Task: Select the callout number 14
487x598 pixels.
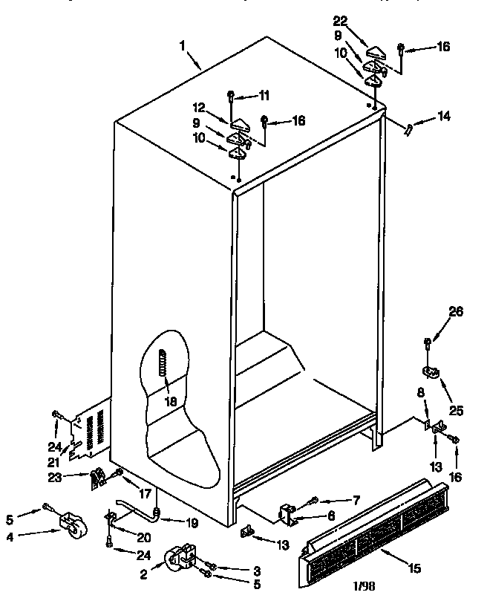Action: [x=444, y=115]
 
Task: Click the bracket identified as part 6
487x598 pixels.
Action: [x=287, y=513]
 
